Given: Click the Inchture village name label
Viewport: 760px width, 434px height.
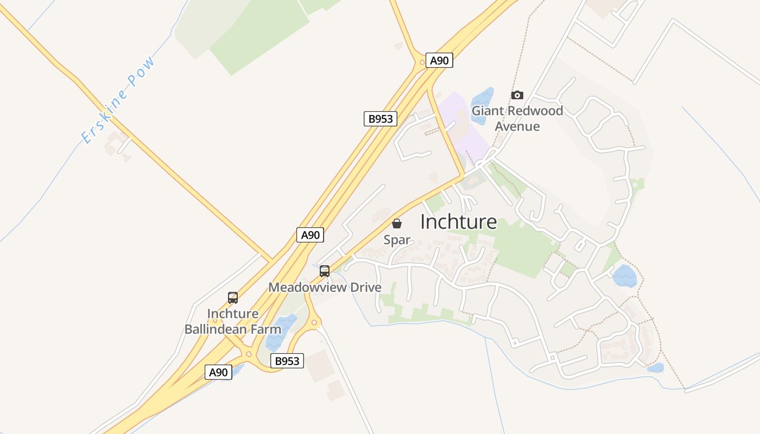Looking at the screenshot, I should click(458, 221).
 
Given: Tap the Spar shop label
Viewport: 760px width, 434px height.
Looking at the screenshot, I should click(397, 240).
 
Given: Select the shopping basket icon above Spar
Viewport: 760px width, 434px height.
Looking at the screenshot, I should click(397, 224).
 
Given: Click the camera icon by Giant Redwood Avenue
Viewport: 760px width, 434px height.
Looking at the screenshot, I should click(517, 95).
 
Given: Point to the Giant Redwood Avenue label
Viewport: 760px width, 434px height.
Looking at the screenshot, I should click(517, 119).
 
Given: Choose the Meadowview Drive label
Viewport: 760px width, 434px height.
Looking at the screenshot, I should click(325, 287).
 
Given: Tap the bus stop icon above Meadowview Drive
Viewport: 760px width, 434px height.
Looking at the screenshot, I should click(325, 271).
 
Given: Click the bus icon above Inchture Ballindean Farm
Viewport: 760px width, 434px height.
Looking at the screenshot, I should click(233, 297).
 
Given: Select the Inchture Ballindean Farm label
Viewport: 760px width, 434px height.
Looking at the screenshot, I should click(233, 321).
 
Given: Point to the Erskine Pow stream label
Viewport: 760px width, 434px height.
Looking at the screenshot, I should click(118, 100).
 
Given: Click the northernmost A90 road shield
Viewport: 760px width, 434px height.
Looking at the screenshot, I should click(439, 60).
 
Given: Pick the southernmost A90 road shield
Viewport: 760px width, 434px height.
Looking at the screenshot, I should click(218, 372).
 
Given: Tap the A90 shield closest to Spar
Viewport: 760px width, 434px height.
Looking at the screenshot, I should click(311, 235).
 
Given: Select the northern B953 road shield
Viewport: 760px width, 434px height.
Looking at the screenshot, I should click(380, 119).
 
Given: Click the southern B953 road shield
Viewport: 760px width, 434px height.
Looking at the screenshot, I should click(287, 361).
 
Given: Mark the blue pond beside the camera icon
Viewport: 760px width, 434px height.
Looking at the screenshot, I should click(483, 99).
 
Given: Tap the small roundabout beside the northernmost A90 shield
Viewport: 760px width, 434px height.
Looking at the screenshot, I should click(422, 62).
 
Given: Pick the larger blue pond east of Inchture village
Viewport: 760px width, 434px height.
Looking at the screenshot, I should click(625, 276).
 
